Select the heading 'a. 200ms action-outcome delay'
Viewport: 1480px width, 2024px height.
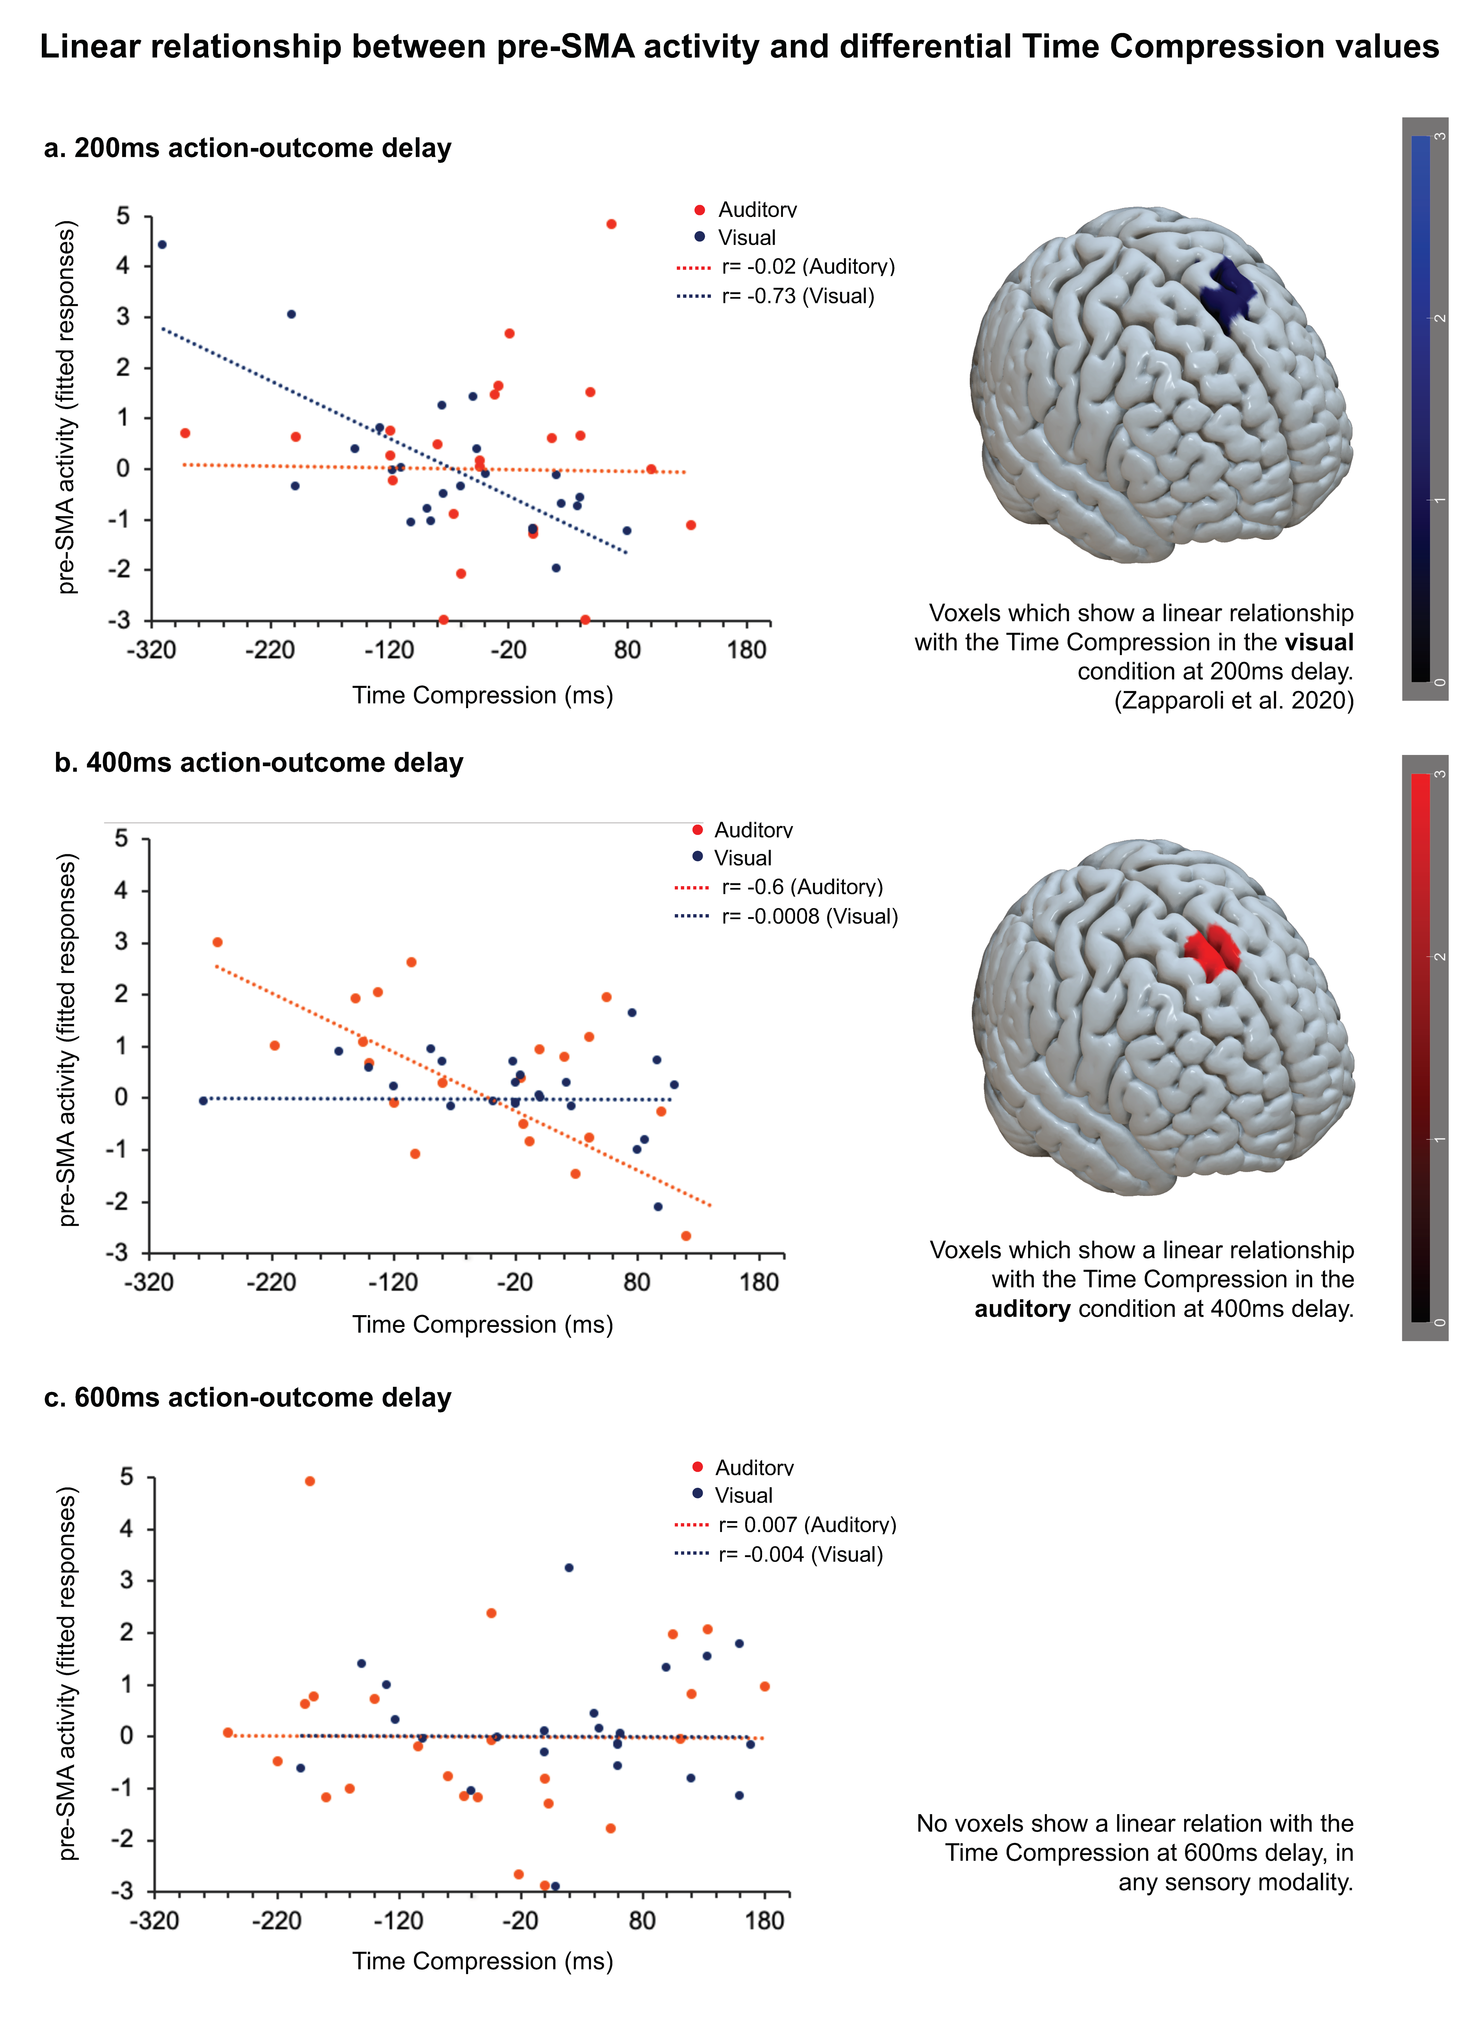(247, 148)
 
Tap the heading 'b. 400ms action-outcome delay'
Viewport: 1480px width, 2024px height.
(259, 763)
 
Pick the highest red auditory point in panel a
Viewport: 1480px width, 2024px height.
(611, 224)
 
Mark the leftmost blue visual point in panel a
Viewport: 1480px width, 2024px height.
(162, 245)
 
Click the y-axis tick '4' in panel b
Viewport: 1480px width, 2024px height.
(121, 891)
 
